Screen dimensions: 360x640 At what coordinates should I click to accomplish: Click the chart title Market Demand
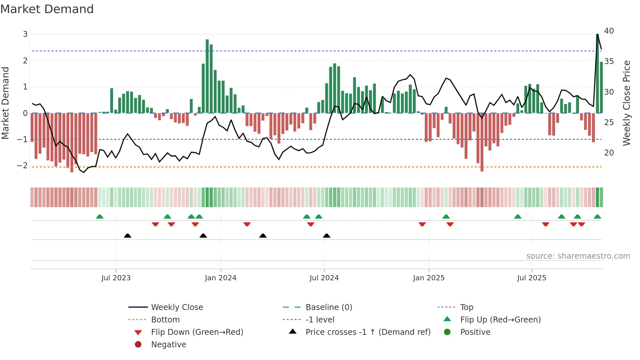pos(47,9)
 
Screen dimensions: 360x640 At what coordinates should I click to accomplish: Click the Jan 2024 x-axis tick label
pos(220,278)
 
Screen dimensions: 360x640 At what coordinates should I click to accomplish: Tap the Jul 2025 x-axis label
pos(531,278)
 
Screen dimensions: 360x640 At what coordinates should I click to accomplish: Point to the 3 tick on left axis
pos(25,34)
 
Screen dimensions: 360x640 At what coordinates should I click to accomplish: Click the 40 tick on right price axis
pos(609,31)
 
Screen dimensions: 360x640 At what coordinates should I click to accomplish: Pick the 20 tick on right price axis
pos(609,153)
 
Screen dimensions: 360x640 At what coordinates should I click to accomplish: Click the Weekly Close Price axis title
pos(626,103)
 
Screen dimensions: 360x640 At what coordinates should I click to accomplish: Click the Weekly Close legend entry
pos(177,307)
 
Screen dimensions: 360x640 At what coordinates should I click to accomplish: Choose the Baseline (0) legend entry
pos(328,307)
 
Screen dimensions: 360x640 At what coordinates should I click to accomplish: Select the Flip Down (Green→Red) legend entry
pos(197,332)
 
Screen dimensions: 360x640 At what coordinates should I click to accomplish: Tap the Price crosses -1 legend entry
pos(368,332)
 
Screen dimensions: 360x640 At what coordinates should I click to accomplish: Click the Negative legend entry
pos(168,345)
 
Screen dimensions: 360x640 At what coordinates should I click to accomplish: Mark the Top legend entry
pos(466,307)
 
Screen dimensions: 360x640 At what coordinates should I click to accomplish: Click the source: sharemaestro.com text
pos(578,256)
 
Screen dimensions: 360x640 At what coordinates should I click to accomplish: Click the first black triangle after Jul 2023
pos(128,236)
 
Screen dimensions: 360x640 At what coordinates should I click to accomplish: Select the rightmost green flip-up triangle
pos(597,217)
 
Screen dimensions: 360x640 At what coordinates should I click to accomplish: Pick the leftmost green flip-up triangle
pos(100,217)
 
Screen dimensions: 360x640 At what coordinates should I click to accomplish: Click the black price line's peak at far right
pos(597,34)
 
